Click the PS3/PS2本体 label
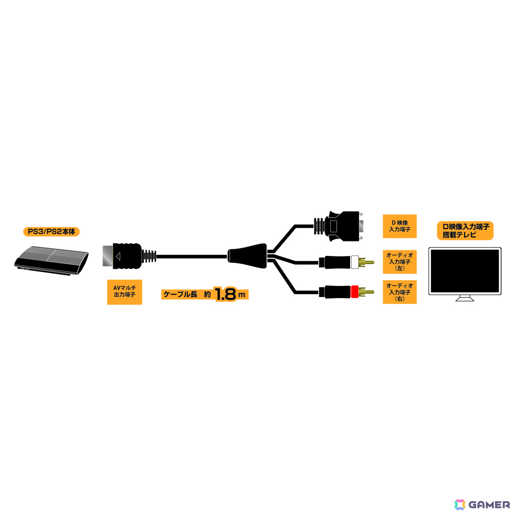click(51, 232)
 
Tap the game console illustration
click(51, 261)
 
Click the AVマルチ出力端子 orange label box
click(125, 292)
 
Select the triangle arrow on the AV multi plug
click(118, 256)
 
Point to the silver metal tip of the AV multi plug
click(108, 256)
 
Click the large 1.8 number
click(226, 294)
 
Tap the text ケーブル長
click(180, 294)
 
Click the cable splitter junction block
click(247, 256)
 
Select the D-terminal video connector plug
click(338, 226)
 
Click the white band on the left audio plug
click(354, 262)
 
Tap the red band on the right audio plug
click(354, 291)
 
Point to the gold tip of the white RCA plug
click(366, 262)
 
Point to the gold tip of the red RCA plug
click(366, 291)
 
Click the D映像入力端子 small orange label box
click(400, 226)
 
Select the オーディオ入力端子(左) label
click(400, 262)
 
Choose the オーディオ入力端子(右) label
click(400, 292)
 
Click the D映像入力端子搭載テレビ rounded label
click(465, 231)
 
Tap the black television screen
click(465, 271)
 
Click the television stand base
click(465, 299)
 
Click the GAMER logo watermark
click(482, 505)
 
